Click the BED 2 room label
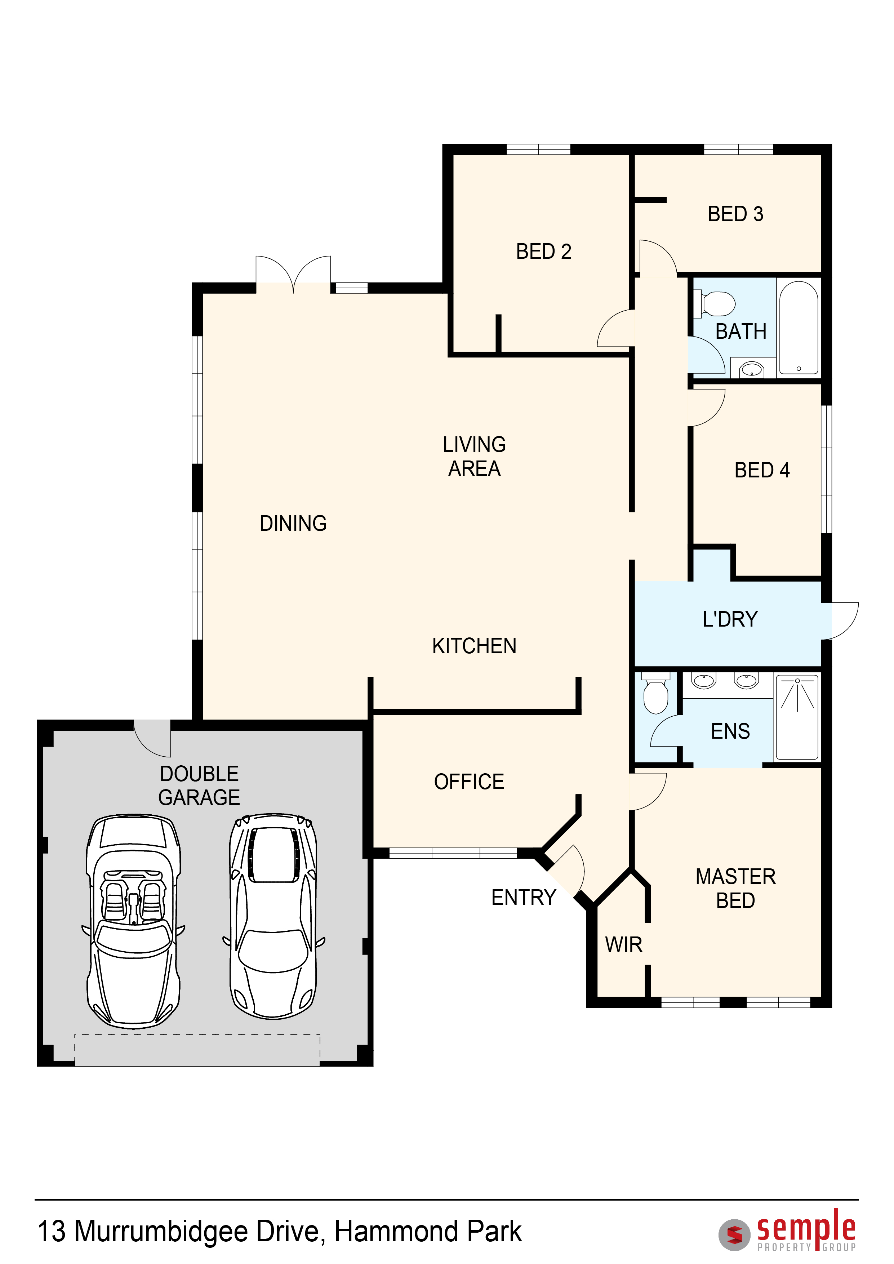(543, 252)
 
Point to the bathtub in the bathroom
(799, 329)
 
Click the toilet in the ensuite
(656, 693)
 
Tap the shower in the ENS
(797, 717)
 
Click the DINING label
(293, 524)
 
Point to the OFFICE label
(469, 782)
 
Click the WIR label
(624, 945)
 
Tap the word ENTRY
(524, 897)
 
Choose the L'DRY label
(730, 619)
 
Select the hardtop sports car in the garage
(273, 916)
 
